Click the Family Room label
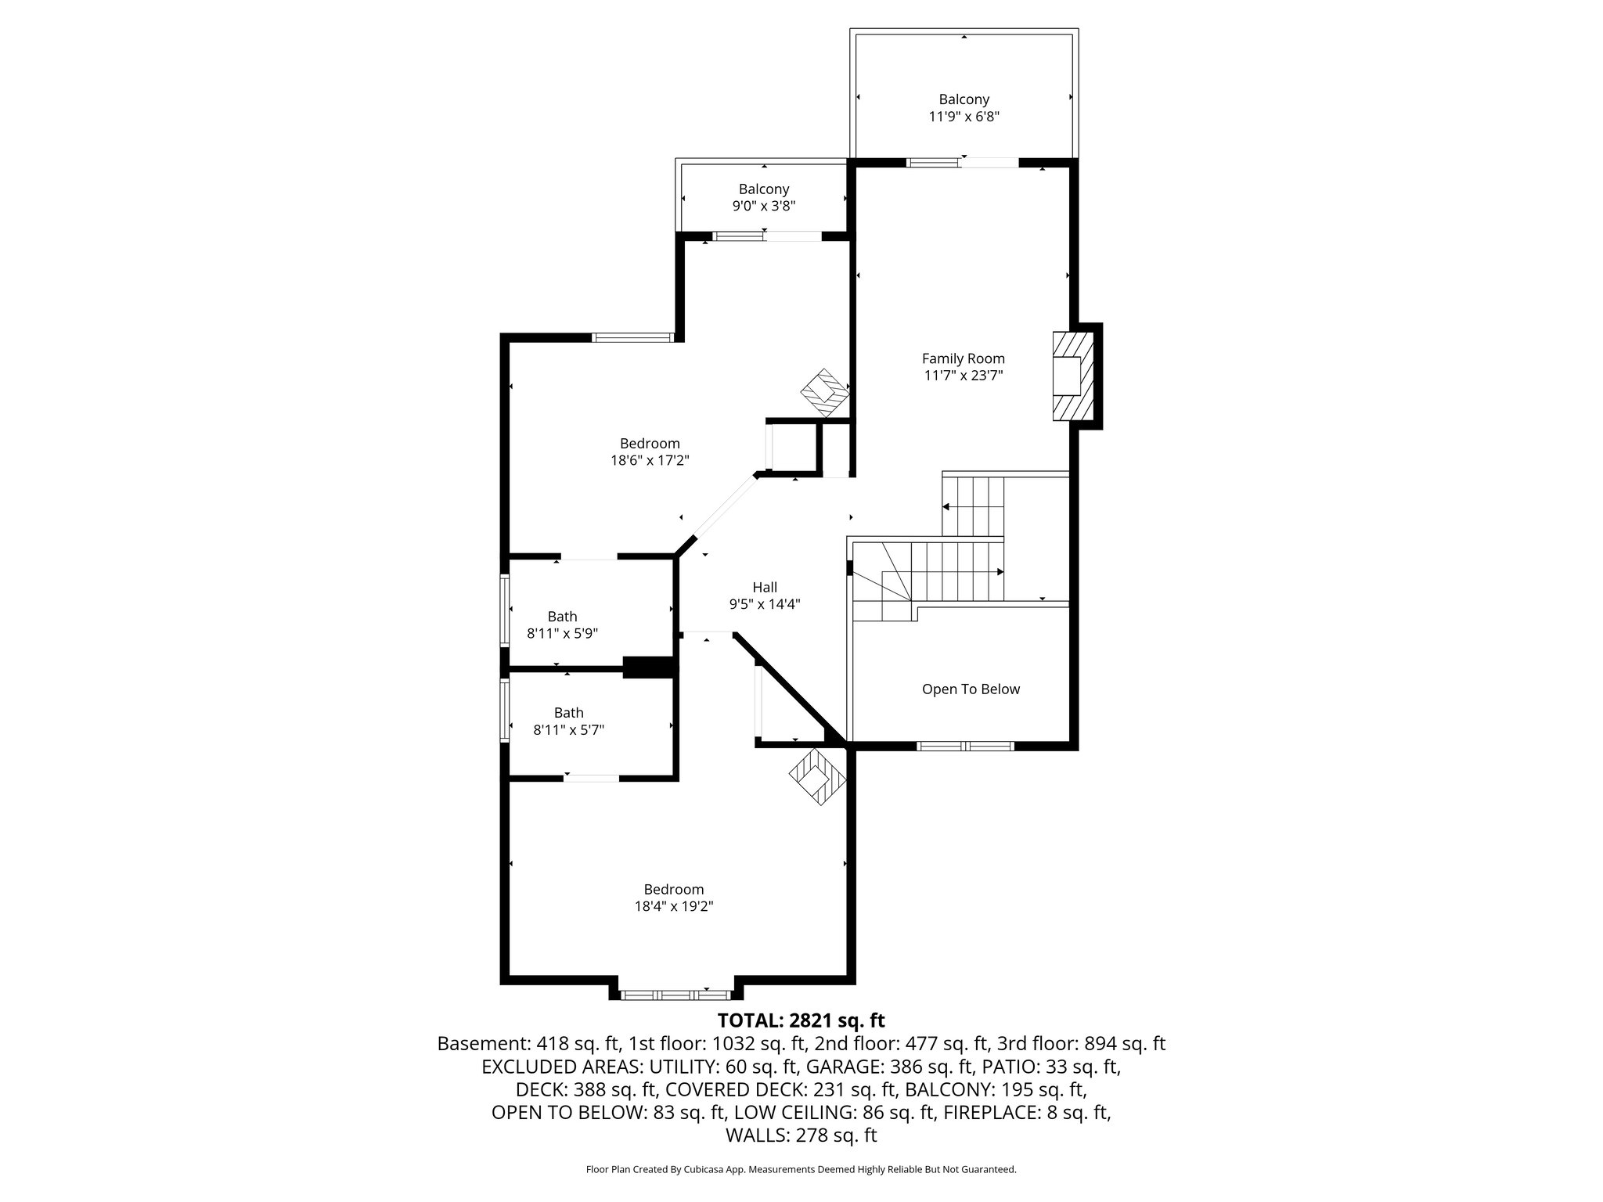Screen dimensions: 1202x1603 click(x=963, y=358)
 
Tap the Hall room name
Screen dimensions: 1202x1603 click(x=764, y=587)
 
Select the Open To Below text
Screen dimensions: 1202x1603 click(x=971, y=689)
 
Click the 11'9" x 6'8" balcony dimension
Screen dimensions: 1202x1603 click(x=964, y=117)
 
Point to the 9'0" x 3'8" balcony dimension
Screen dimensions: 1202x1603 click(x=763, y=207)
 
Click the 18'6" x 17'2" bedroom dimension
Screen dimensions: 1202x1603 click(x=650, y=461)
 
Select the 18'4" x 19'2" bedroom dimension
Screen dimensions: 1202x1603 click(x=673, y=907)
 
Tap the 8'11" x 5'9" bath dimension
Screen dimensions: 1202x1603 click(x=562, y=634)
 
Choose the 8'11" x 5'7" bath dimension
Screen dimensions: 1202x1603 click(x=568, y=730)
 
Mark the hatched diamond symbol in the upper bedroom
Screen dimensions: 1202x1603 click(x=824, y=394)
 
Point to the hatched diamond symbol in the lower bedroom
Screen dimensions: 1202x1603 click(x=817, y=776)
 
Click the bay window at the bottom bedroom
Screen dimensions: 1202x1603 click(x=675, y=995)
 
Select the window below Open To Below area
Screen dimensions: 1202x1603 click(x=965, y=746)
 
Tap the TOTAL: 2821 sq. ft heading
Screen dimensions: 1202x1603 click(x=801, y=1020)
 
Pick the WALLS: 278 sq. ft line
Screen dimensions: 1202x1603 click(x=801, y=1135)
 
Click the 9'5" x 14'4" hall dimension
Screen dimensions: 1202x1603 click(x=764, y=604)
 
